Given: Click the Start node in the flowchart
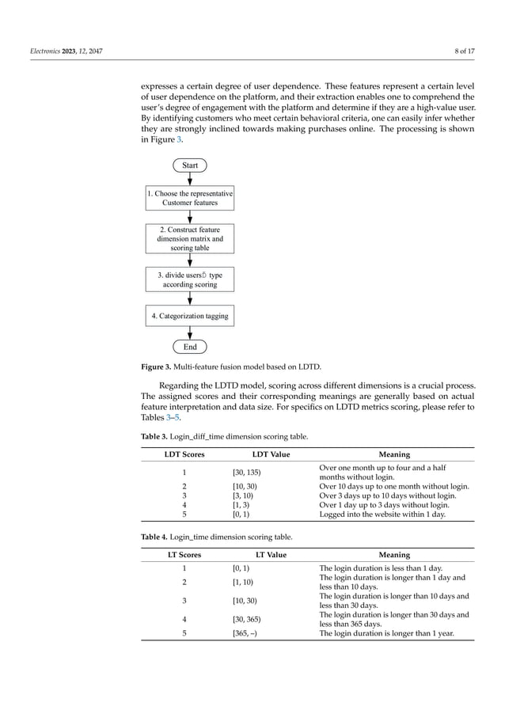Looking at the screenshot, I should pos(190,165).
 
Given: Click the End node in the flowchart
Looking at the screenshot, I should pos(190,347).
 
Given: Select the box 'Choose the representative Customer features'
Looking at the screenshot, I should pos(190,198).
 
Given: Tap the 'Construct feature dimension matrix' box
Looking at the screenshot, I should pos(190,238).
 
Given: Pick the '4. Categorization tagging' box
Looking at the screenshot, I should pos(190,316).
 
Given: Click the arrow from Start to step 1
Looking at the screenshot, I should pos(190,180).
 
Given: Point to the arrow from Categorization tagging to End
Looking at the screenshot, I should pos(190,332).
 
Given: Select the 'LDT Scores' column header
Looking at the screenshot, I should pos(184,454).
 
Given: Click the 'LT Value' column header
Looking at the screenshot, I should pos(271,555).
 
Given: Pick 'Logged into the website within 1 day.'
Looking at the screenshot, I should pos(382,514).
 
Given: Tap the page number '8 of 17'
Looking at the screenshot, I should pos(462,51).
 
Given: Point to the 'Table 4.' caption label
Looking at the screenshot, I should pos(156,537).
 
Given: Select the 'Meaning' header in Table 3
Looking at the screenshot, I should pos(394,454).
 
